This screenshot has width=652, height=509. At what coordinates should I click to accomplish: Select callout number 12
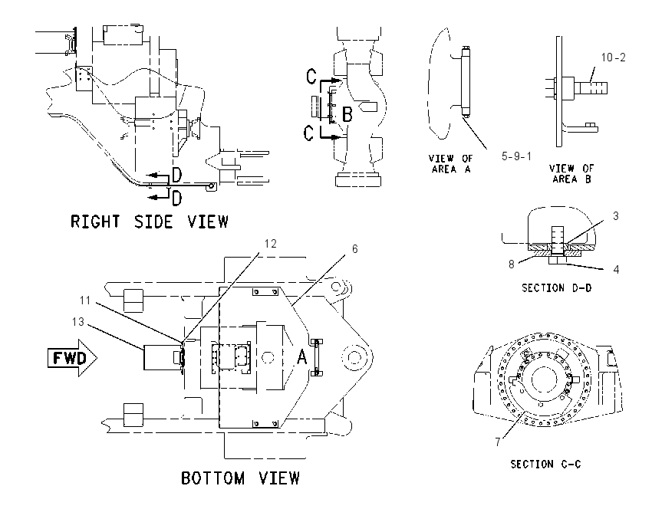[270, 244]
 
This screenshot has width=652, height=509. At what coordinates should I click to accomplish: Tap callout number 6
[354, 249]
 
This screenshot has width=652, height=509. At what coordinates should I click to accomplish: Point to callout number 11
[85, 300]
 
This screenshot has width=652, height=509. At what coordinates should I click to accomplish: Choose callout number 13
[77, 322]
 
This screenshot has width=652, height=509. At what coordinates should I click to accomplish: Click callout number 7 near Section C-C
[498, 442]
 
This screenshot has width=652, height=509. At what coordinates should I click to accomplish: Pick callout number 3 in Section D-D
[616, 216]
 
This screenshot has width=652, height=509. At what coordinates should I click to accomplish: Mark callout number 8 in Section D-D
[512, 264]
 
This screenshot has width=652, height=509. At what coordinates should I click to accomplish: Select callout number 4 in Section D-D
[616, 270]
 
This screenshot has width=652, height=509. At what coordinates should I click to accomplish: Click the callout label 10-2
[614, 57]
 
